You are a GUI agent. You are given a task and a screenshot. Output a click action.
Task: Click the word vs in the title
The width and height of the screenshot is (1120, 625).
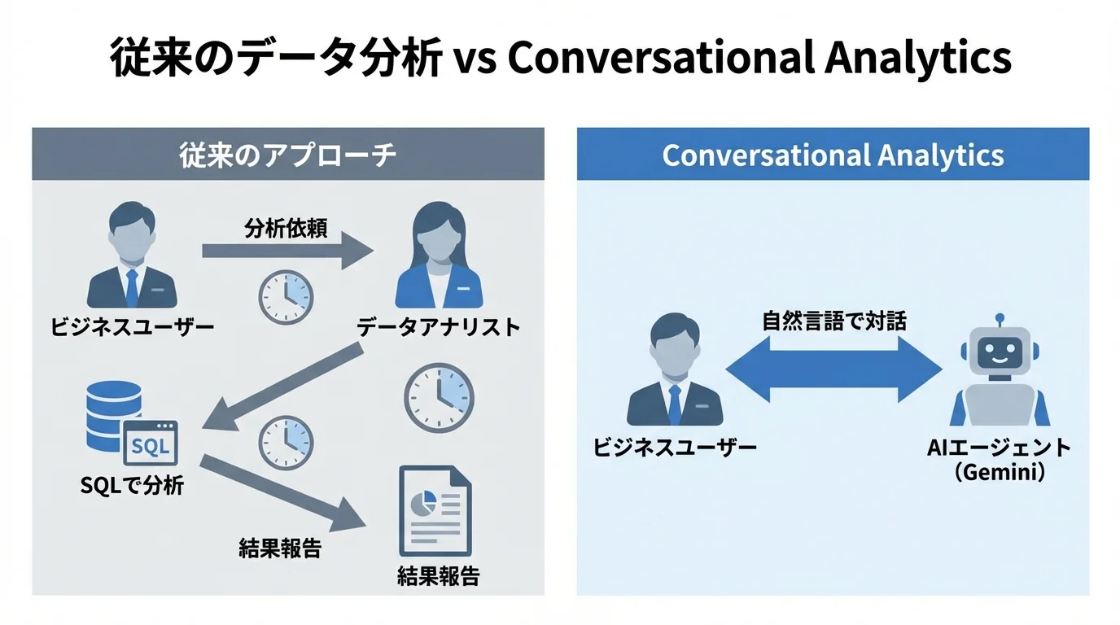coord(473,59)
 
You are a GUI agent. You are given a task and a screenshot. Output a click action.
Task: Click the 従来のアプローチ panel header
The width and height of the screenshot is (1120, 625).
coord(287,155)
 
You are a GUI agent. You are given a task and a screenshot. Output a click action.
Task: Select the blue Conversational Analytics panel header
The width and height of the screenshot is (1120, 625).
coord(833,155)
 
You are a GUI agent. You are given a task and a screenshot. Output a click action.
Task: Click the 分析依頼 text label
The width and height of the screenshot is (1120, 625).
coord(286,229)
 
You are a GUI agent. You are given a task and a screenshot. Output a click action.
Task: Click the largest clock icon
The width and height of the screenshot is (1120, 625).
coord(440,398)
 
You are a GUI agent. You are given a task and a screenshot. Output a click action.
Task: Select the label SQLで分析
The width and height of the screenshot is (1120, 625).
coord(133,486)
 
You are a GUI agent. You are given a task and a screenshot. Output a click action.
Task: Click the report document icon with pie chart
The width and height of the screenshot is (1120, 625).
coord(435,510)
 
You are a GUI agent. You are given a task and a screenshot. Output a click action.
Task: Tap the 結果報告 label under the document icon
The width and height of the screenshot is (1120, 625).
coord(439,576)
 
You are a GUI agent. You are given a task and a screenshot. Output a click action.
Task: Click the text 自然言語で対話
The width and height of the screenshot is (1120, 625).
coord(834,321)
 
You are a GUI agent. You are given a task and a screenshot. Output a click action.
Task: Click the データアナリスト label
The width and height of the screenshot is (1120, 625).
coord(439,327)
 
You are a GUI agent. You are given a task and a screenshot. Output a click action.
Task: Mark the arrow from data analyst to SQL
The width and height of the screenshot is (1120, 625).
coord(281,387)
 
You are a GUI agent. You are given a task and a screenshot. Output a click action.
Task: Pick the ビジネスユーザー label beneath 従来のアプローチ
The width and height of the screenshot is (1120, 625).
coord(133,327)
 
